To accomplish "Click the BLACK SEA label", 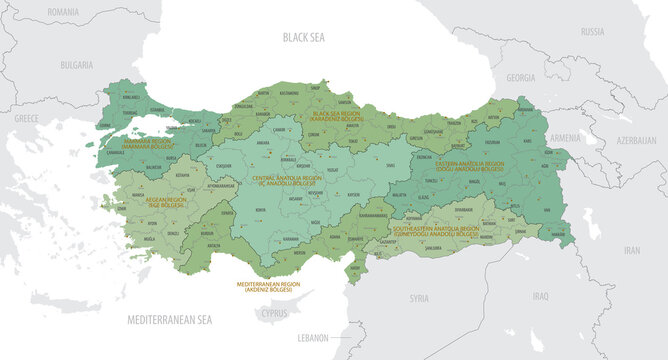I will click(304, 39).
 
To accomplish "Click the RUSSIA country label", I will click(593, 31).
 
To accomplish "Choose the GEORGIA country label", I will click(521, 77).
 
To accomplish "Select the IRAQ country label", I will click(540, 296).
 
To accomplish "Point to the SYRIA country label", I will click(419, 298).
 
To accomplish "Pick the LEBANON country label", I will click(314, 338).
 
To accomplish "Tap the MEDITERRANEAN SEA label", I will click(170, 320).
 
